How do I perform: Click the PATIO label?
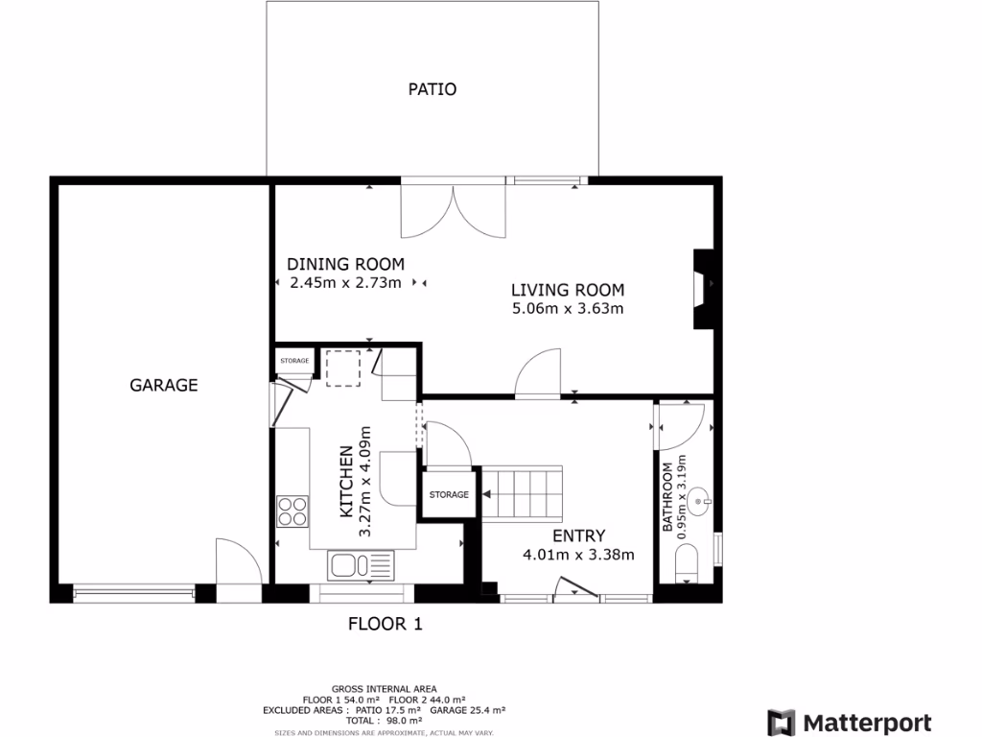pyautogui.click(x=432, y=89)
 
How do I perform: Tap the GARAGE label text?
pyautogui.click(x=164, y=385)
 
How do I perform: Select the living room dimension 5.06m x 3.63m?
pyautogui.click(x=568, y=309)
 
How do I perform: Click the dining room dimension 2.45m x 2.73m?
pyautogui.click(x=345, y=283)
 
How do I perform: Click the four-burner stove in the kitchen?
pyautogui.click(x=292, y=511)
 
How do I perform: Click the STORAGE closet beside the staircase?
pyautogui.click(x=449, y=495)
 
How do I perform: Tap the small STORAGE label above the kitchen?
pyautogui.click(x=294, y=361)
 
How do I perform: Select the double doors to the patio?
pyautogui.click(x=453, y=211)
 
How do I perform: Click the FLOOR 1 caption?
pyautogui.click(x=385, y=624)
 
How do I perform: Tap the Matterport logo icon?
pyautogui.click(x=781, y=722)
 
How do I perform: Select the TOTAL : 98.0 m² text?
pyautogui.click(x=384, y=720)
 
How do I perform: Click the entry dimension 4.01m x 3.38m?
pyautogui.click(x=578, y=554)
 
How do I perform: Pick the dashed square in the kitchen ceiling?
pyautogui.click(x=342, y=368)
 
